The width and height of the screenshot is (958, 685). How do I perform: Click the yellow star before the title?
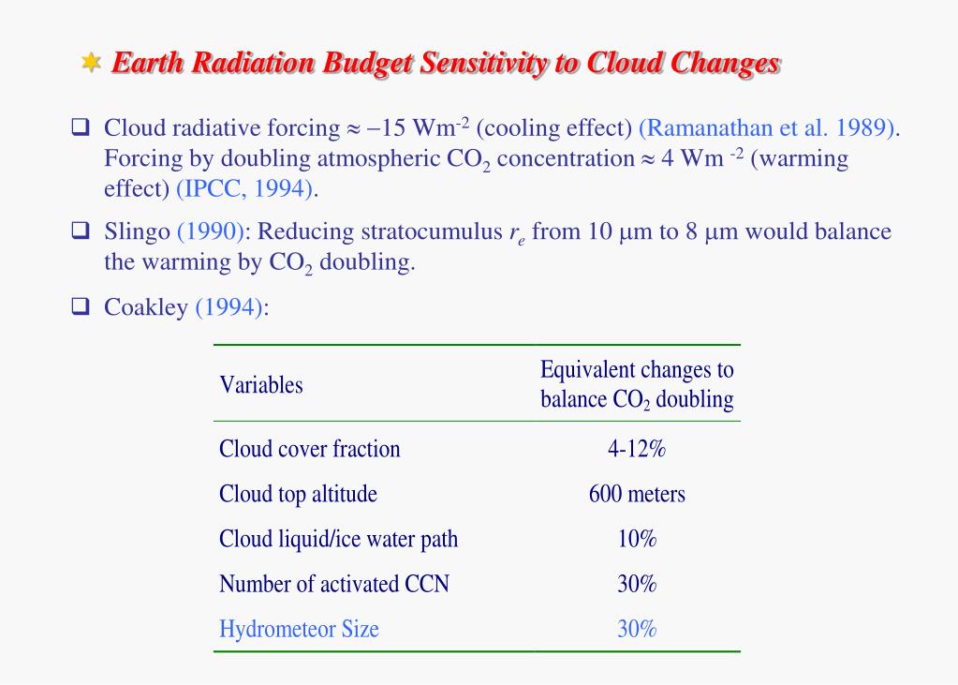(x=91, y=63)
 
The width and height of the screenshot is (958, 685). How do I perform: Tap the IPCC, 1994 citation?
(x=245, y=188)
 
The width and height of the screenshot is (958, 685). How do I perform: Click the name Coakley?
(x=145, y=308)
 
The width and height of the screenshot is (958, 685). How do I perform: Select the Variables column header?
(x=261, y=384)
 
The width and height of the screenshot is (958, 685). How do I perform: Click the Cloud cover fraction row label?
(x=310, y=449)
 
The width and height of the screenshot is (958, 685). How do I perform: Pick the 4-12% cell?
(x=637, y=449)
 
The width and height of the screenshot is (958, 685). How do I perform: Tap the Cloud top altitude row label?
(x=298, y=494)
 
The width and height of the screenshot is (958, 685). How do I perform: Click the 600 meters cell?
(x=637, y=494)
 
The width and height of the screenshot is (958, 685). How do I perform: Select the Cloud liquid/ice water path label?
(x=338, y=539)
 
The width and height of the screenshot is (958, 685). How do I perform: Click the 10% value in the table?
(x=637, y=539)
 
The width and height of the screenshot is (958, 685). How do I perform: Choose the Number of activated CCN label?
(x=334, y=584)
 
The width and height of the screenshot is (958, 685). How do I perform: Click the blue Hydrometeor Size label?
(x=299, y=629)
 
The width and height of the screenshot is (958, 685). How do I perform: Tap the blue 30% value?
(x=637, y=629)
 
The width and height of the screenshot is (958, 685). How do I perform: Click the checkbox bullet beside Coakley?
(x=80, y=307)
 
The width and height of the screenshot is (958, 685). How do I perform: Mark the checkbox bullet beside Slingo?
(x=80, y=231)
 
